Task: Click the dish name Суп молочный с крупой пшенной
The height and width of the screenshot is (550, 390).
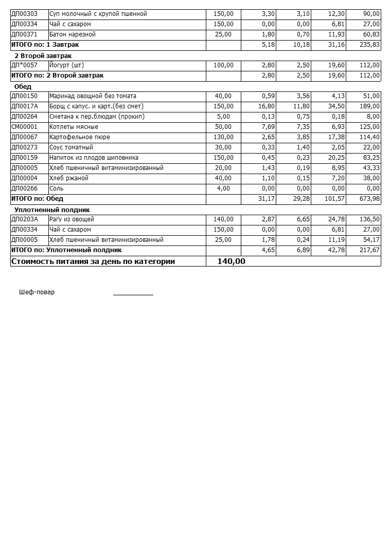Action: (98, 14)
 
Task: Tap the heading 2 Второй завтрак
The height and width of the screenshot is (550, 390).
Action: (43, 55)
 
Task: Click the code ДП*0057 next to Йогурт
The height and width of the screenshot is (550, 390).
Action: (24, 65)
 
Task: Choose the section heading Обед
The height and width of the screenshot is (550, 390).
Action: (23, 87)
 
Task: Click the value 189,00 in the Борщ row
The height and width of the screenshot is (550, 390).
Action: (370, 106)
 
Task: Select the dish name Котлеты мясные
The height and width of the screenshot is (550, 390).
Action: (74, 127)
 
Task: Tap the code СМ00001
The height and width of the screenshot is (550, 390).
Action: (24, 127)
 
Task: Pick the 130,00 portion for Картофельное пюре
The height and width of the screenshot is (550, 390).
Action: (223, 137)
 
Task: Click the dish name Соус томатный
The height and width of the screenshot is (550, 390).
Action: (71, 147)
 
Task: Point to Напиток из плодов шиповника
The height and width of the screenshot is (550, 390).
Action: (94, 158)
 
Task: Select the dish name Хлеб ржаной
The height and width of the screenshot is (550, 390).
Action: (69, 178)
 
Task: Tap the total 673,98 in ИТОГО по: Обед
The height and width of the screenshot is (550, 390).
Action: (370, 199)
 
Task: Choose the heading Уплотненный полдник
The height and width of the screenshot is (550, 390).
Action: (52, 210)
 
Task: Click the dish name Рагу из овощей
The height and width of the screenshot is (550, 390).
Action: (72, 219)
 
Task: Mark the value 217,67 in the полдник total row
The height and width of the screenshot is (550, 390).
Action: (370, 250)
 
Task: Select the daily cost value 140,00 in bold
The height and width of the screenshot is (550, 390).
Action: (231, 261)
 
